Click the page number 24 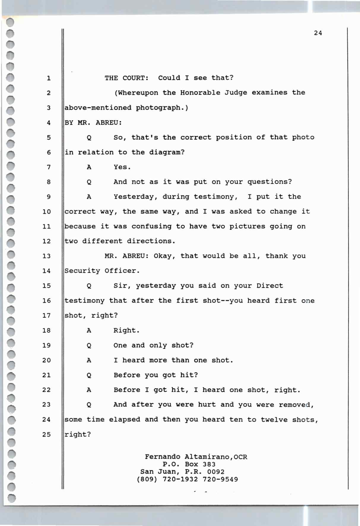click(318, 33)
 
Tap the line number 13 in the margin click(47, 256)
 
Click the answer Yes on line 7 click(122, 167)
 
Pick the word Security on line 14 click(82, 271)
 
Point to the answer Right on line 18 click(126, 330)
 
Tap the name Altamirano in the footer click(207, 457)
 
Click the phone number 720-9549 click(220, 479)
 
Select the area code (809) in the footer click(147, 479)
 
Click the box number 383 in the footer click(209, 464)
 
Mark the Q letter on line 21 click(89, 375)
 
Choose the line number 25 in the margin click(47, 435)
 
